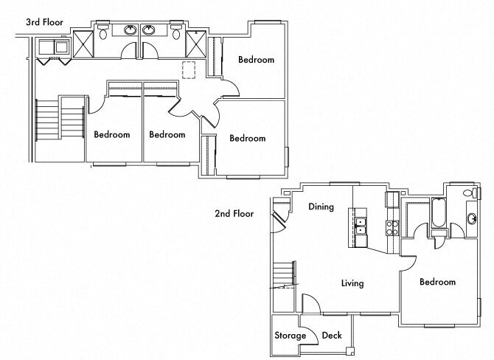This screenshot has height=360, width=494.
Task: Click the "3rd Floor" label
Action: pos(44,22)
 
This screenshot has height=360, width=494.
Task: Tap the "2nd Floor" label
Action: pos(234,214)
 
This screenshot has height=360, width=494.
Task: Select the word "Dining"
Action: pos(321,207)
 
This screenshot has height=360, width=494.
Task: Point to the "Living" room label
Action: pos(352,283)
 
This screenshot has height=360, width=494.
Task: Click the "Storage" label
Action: pos(291,336)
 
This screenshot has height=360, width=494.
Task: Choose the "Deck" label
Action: pos(332,335)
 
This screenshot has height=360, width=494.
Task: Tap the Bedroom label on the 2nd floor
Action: pos(437,282)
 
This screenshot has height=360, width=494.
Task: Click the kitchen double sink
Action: pos(360,226)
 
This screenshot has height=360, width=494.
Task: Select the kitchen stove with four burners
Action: pos(392,228)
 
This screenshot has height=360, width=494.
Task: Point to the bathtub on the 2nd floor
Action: pos(439,212)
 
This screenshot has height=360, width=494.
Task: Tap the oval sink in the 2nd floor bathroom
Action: pos(472,218)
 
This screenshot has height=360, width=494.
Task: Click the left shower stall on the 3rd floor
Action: pos(83,44)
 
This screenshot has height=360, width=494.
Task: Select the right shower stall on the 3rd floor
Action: pos(196,44)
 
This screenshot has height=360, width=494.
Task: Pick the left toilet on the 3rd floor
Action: pos(102,31)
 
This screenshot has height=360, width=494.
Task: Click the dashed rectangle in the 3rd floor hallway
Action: pos(189,69)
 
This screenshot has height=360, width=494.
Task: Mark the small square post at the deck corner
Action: pos(349,351)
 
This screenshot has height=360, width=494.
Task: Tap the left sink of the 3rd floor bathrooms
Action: pos(130,30)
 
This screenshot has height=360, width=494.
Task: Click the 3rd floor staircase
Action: pos(60,120)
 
